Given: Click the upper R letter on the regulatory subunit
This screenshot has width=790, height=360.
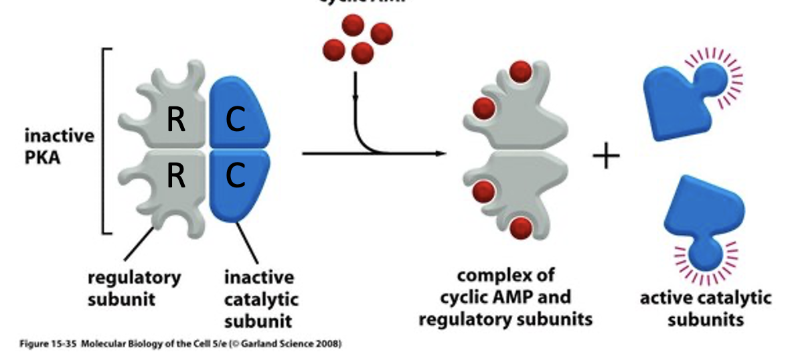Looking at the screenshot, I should pyautogui.click(x=176, y=120).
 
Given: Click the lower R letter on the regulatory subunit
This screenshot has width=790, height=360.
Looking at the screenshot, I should pyautogui.click(x=176, y=175).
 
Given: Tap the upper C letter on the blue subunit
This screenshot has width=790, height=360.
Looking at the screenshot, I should pyautogui.click(x=236, y=120).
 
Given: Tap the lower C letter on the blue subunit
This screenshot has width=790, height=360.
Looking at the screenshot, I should pyautogui.click(x=236, y=175).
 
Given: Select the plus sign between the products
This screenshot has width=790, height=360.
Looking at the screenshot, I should pyautogui.click(x=606, y=158).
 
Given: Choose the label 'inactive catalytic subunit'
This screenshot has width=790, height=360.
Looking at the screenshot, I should pyautogui.click(x=258, y=298).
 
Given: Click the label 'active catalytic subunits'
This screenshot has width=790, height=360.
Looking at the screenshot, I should pyautogui.click(x=705, y=308).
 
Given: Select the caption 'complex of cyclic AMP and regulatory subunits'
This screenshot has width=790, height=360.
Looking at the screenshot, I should pyautogui.click(x=505, y=297).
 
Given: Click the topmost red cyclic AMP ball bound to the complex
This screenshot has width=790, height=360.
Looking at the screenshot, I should pyautogui.click(x=520, y=70).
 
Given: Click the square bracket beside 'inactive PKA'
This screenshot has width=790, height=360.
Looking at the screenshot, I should pyautogui.click(x=105, y=141).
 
